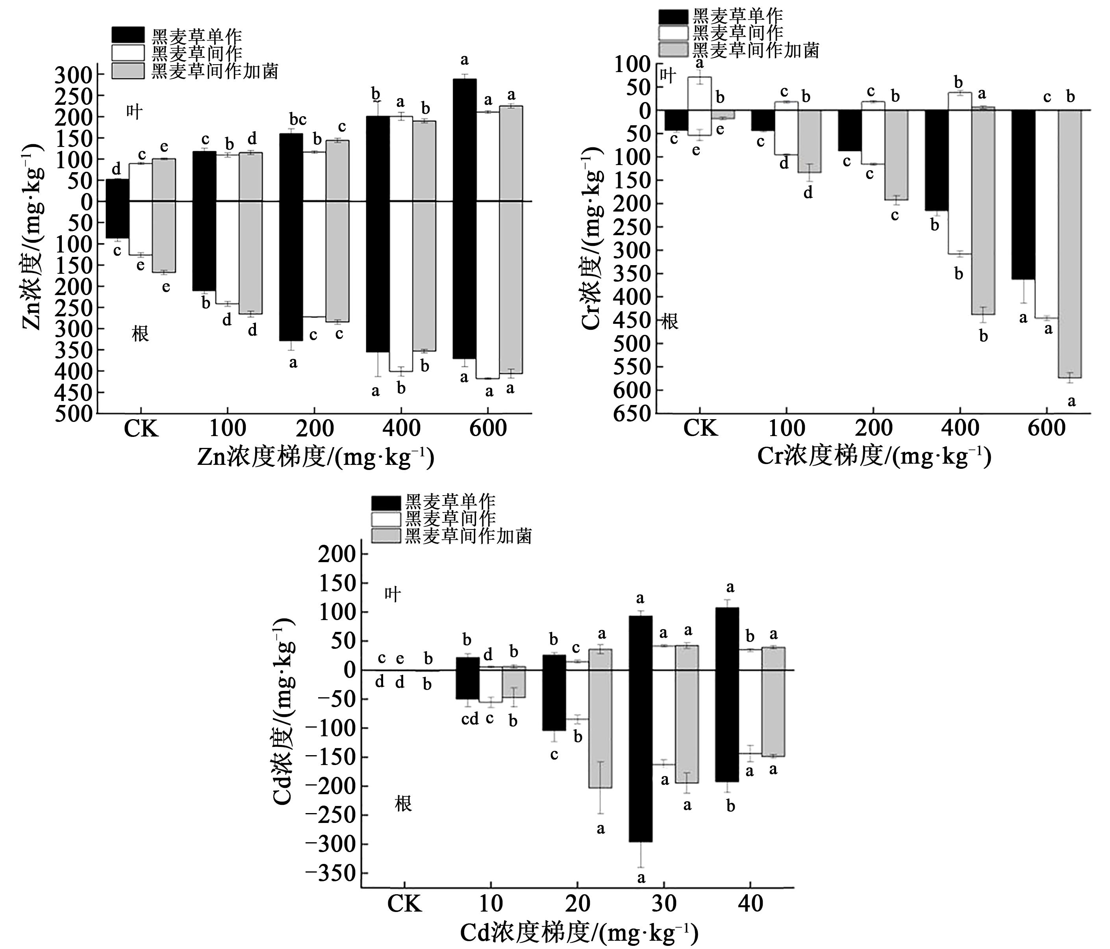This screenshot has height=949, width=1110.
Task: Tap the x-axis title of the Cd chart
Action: coord(579,933)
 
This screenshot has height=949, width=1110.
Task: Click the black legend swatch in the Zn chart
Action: coord(128,35)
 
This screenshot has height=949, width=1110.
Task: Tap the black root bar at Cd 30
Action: coord(641,756)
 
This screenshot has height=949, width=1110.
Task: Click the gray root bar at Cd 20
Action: coord(600,729)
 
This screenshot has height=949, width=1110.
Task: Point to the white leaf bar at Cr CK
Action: coord(700,93)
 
